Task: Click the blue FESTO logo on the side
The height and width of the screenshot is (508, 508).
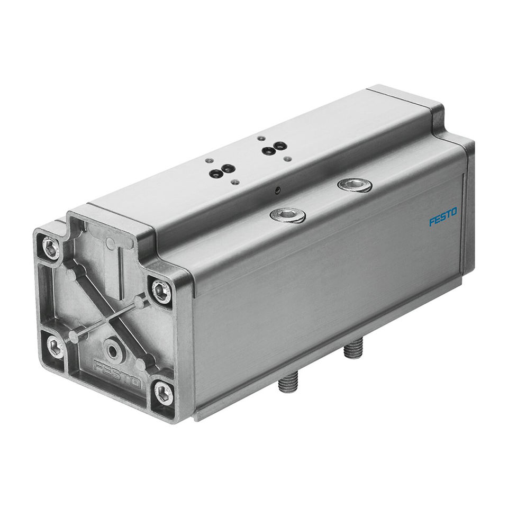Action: [x=443, y=217]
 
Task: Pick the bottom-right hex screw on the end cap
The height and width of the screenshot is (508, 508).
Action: [x=163, y=393]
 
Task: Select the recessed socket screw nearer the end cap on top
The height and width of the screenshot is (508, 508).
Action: [x=287, y=215]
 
